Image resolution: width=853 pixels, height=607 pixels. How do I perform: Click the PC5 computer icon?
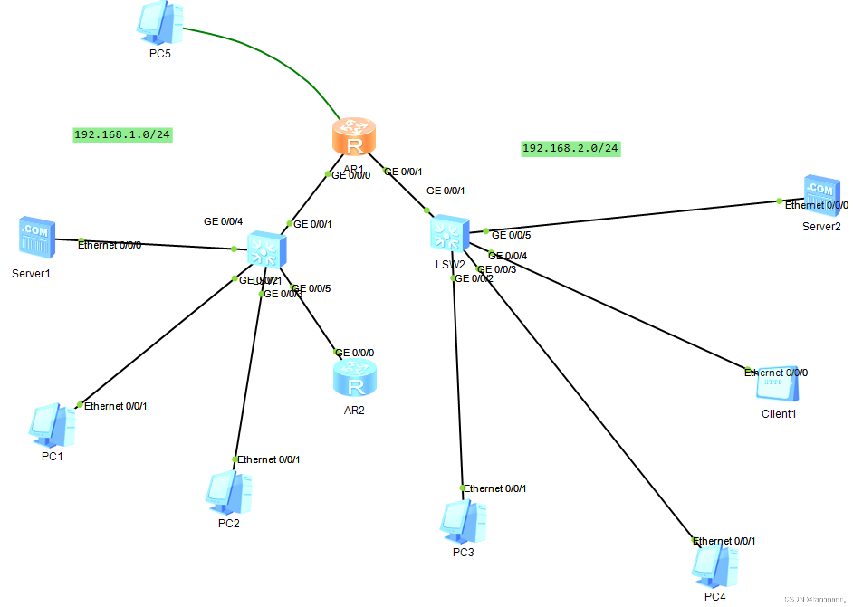(x=160, y=23)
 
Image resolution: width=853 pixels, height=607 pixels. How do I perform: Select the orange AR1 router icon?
(x=354, y=136)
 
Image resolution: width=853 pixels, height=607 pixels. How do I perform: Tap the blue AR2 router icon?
(x=355, y=378)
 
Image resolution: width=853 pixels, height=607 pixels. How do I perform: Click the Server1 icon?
(x=37, y=237)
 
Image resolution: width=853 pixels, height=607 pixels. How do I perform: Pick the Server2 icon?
(x=821, y=195)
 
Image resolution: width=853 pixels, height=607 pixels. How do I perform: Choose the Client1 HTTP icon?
(x=777, y=384)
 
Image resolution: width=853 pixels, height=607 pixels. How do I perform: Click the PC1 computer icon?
(x=52, y=425)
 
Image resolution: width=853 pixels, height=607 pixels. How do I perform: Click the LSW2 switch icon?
(x=449, y=234)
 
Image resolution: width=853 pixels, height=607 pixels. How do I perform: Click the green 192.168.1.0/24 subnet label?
(x=122, y=135)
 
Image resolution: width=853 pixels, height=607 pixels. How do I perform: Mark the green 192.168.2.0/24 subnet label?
(x=570, y=148)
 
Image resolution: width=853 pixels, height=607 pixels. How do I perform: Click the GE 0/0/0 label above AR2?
(x=355, y=353)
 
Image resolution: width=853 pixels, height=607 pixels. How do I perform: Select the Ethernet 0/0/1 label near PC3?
(x=495, y=488)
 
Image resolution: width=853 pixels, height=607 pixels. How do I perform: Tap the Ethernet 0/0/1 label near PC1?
(x=115, y=406)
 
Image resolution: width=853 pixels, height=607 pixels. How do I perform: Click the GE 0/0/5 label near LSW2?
(x=511, y=235)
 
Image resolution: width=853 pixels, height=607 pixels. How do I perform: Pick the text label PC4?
(x=715, y=597)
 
